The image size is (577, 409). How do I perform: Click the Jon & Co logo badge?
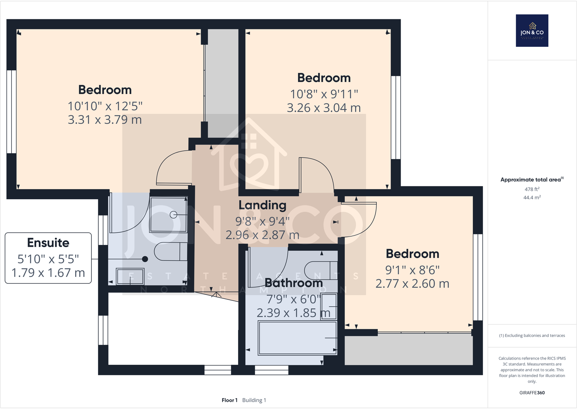pos(532,30)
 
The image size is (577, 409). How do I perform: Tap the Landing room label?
pos(262,205)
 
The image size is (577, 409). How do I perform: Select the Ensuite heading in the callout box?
pos(48,242)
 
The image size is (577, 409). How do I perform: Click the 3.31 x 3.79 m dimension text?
pos(105,120)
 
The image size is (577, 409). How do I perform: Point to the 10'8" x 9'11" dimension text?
pos(324,94)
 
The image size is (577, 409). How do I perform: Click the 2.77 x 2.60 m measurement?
pos(412,283)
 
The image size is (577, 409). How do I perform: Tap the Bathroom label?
pos(294,283)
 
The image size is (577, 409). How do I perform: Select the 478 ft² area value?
pos(532,189)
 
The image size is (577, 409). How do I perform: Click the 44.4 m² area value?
pos(532,197)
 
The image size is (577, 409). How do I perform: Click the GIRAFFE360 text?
pos(532,393)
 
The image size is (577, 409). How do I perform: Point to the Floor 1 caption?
pos(229,400)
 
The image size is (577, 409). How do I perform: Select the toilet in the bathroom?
pos(321,270)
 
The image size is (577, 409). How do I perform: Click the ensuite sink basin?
pos(130,276)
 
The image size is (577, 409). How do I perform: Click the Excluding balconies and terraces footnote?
pos(532,335)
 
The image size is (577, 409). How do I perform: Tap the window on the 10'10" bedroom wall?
pos(12,112)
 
